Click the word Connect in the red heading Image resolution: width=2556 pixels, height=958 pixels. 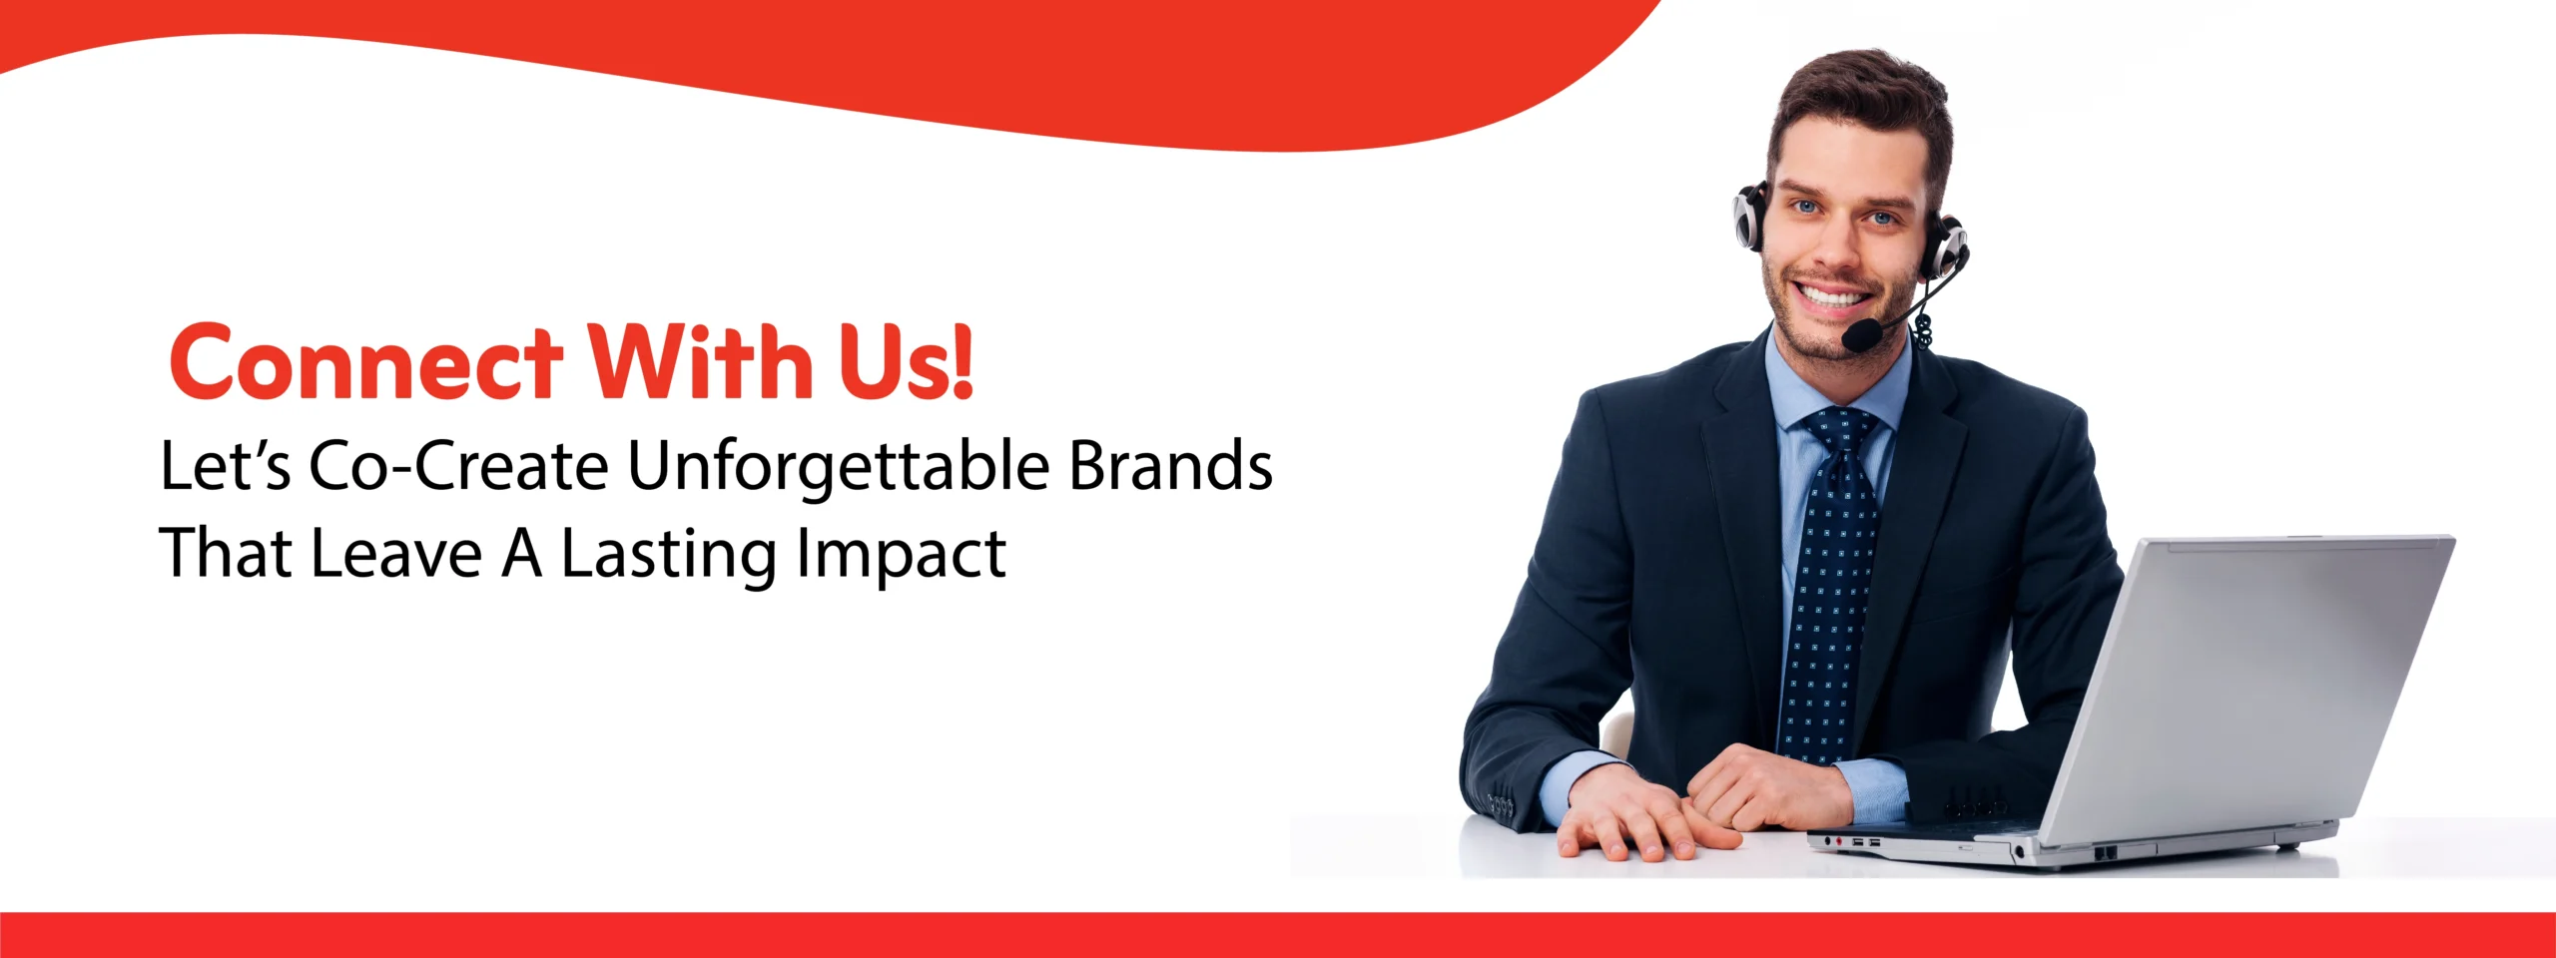(365, 361)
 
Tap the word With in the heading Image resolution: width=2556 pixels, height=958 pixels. (699, 359)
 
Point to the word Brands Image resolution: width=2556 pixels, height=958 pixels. (1171, 465)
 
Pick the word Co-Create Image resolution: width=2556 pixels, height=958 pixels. (458, 466)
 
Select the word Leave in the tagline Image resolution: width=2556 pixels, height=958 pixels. (396, 553)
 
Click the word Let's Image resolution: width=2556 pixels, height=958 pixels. (226, 466)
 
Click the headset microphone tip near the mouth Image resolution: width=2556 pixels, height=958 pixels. (1860, 334)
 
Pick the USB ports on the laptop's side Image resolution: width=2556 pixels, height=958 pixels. (1865, 843)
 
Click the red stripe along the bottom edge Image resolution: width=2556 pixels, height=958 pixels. (1278, 935)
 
